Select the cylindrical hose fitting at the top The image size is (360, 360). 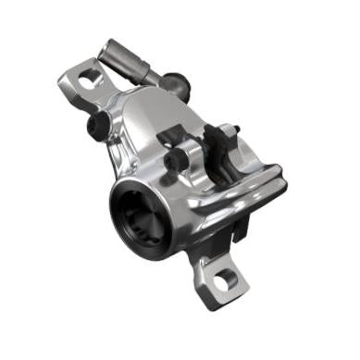[x=125, y=57]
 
